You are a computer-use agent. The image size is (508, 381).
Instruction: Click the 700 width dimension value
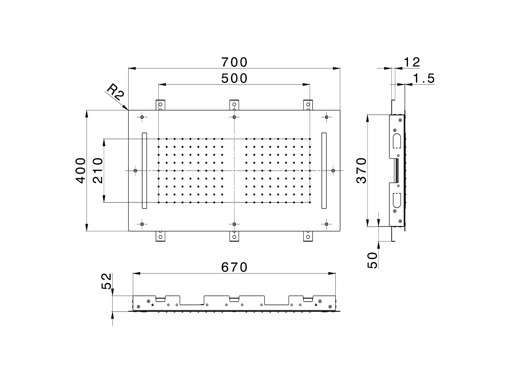coord(234,62)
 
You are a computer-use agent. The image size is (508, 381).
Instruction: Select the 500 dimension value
coord(234,79)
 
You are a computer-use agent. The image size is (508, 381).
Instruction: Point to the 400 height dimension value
coord(81,170)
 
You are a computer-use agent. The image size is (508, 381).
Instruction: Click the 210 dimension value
coord(98,170)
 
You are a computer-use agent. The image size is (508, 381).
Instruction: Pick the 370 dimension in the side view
coord(361,170)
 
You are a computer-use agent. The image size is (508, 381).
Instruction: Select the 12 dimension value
coord(411,62)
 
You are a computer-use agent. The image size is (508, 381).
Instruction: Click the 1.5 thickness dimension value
coord(424,79)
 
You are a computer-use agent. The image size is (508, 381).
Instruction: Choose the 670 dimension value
coord(234,267)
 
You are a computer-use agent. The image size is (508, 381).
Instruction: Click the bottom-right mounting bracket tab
coord(308,237)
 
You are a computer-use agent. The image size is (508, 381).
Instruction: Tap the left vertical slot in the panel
coord(144,170)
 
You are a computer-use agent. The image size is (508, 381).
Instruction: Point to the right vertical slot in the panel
coord(324,170)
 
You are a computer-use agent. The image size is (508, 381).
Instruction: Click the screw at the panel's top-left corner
coord(142,117)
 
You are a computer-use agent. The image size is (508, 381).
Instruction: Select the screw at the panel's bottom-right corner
coord(326,224)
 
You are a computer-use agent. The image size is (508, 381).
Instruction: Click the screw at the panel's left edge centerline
coord(136,171)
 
